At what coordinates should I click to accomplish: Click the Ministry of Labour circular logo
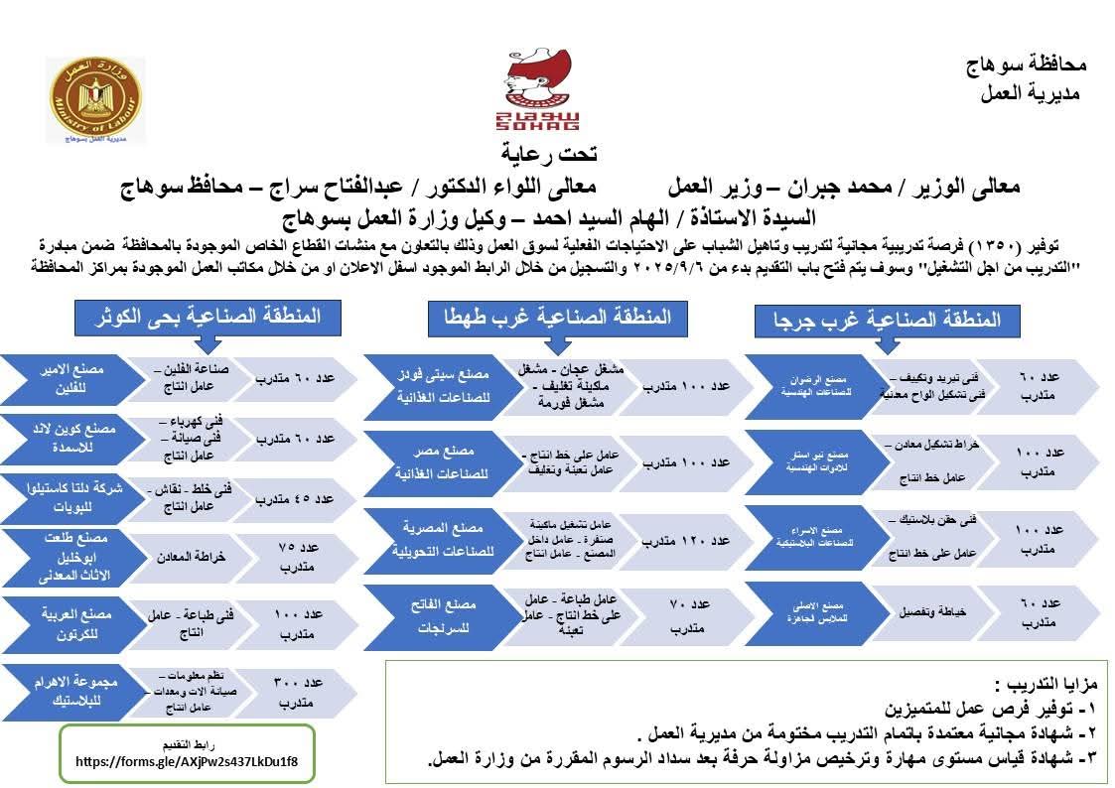pyautogui.click(x=96, y=101)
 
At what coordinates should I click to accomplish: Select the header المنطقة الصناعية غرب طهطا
pyautogui.click(x=550, y=317)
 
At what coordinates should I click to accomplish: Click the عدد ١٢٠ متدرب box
pyautogui.click(x=685, y=541)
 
